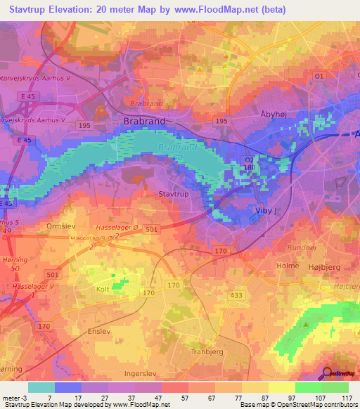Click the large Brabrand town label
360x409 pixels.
[x=144, y=121]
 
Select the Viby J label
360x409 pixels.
[x=264, y=209]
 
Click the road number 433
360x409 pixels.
[x=237, y=296]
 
